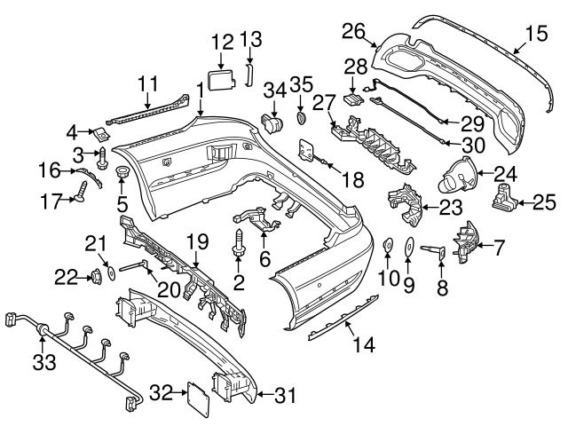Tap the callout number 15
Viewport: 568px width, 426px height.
coord(536,35)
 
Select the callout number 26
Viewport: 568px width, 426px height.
coord(354,32)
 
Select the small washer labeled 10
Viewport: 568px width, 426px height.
coord(389,246)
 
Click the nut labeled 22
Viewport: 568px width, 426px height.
coord(91,279)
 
